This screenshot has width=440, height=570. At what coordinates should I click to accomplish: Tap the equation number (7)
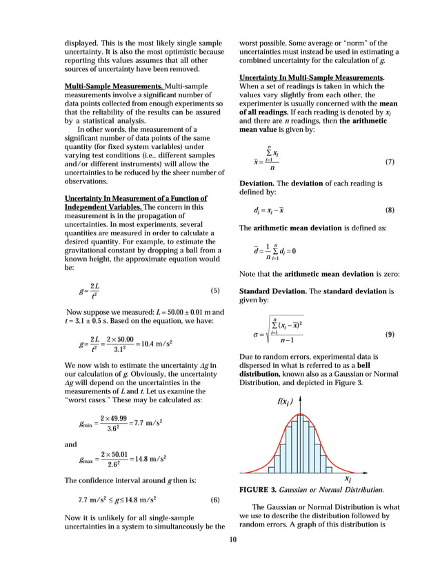click(x=390, y=161)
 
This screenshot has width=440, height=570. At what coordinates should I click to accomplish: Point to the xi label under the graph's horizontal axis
click(x=348, y=478)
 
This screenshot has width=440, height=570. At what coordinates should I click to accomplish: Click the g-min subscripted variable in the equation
click(x=84, y=423)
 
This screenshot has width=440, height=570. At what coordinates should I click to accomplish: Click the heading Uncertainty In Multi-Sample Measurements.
click(x=312, y=77)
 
